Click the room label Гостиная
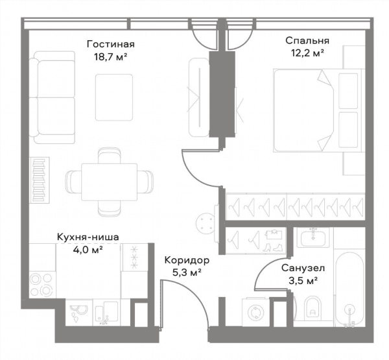(111, 44)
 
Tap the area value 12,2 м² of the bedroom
(307, 53)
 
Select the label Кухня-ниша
(88, 237)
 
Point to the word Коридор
(187, 261)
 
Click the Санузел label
(303, 268)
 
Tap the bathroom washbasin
(313, 237)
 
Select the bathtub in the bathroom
(349, 289)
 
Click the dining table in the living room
(109, 182)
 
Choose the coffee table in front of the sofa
(114, 97)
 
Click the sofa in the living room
(52, 97)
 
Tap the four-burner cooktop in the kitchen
(41, 285)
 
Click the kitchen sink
(106, 313)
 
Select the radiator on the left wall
(39, 180)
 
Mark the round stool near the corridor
(206, 224)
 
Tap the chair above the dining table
(110, 156)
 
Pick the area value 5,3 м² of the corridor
(187, 272)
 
